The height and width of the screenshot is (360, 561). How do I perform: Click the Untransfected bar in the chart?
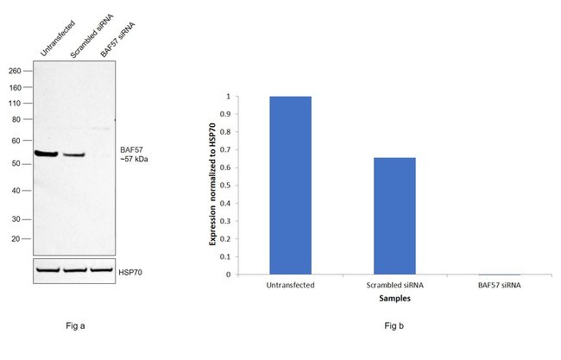coord(290,185)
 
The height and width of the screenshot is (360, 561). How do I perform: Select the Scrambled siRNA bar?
coord(394,216)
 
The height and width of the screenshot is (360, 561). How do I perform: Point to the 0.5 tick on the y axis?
coord(228,186)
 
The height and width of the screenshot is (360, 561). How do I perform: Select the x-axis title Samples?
coord(394,300)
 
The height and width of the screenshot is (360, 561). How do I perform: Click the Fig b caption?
coord(394,326)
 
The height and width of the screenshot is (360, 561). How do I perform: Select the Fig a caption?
coord(75,326)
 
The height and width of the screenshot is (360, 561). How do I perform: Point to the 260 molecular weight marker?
coord(16,72)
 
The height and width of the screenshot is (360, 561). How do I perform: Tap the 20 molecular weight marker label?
coord(16,238)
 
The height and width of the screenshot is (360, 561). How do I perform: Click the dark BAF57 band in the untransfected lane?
coord(47,154)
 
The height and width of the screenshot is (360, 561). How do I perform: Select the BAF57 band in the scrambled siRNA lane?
coord(74,155)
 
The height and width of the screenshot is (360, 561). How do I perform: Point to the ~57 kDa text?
coord(133,160)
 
